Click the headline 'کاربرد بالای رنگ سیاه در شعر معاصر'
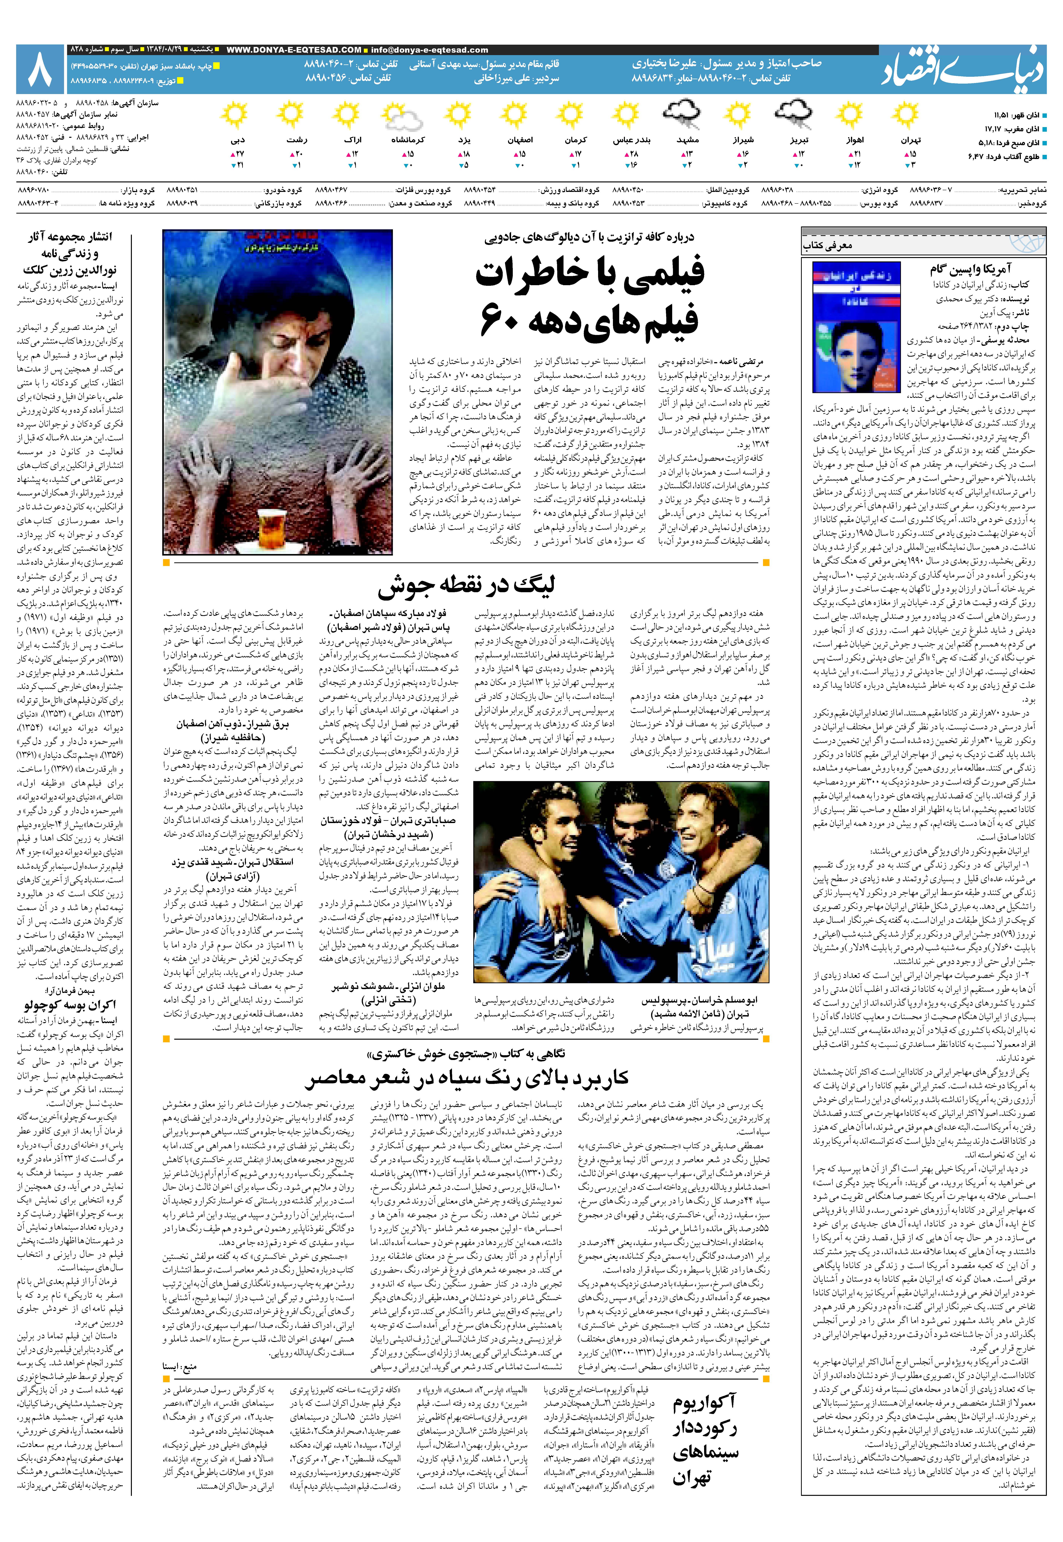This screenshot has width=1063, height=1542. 466,1078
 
